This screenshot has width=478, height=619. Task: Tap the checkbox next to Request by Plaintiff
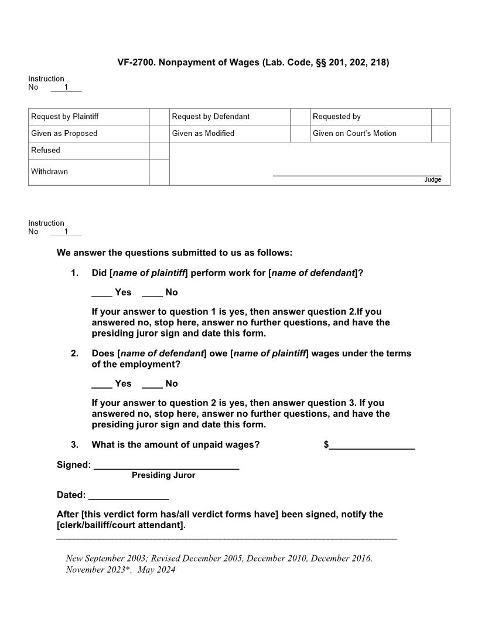point(159,117)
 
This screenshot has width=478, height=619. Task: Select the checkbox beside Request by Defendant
point(300,117)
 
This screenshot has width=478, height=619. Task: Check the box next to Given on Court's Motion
point(441,134)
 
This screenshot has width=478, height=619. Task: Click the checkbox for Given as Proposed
point(159,134)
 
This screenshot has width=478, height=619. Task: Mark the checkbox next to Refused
point(159,151)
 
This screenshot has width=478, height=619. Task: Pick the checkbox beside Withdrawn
point(159,172)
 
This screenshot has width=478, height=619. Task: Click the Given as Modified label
point(203,134)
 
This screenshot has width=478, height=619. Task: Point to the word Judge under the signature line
point(432,179)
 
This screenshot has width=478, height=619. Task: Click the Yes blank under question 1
point(102,293)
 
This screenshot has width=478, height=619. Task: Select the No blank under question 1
point(152,293)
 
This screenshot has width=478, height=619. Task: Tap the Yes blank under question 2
point(102,385)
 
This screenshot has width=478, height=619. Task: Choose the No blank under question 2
point(152,385)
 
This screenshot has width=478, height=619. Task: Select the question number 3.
point(74,445)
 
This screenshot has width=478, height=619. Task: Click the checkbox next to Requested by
point(441,117)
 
